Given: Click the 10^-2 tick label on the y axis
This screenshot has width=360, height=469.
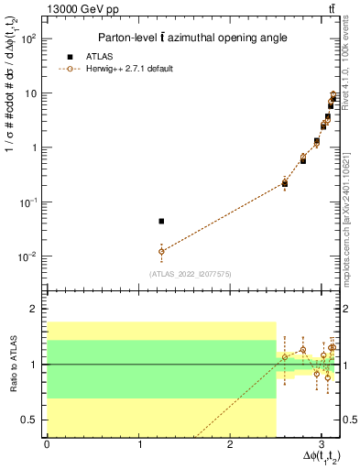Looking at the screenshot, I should pos(30,256).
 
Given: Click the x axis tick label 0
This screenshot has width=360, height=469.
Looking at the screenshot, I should pos(47,444).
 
